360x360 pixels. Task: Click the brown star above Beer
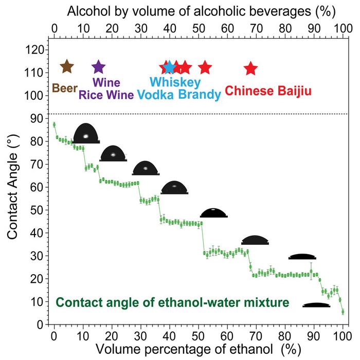[x=67, y=66]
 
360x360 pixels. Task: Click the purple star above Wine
[x=98, y=66]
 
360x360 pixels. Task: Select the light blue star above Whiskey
[x=169, y=67]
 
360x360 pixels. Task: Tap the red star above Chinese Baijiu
[x=250, y=68]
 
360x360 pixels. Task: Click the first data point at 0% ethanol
[x=54, y=124]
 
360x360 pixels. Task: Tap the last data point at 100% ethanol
[x=343, y=312]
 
